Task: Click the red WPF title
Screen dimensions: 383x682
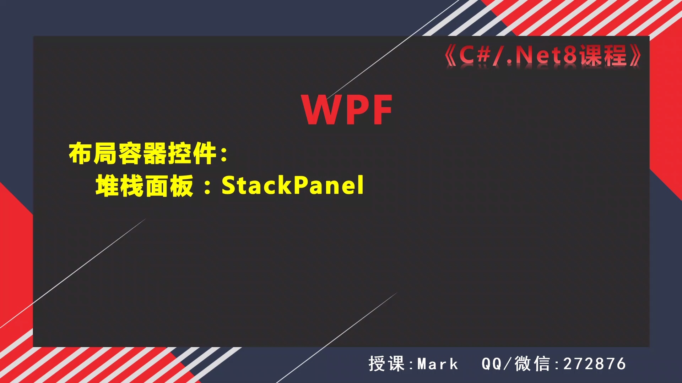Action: pos(347,110)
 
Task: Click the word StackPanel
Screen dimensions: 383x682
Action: pos(293,185)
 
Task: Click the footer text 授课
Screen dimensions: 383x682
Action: pos(386,364)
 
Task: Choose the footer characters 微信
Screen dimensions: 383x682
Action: pos(532,364)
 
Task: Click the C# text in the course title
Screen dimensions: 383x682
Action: pos(475,55)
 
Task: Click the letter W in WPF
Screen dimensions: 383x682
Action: pos(318,110)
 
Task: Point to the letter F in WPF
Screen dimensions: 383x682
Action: pos(382,110)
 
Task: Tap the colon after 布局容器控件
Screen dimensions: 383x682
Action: pos(224,155)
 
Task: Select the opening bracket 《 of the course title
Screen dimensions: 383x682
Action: pos(450,56)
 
